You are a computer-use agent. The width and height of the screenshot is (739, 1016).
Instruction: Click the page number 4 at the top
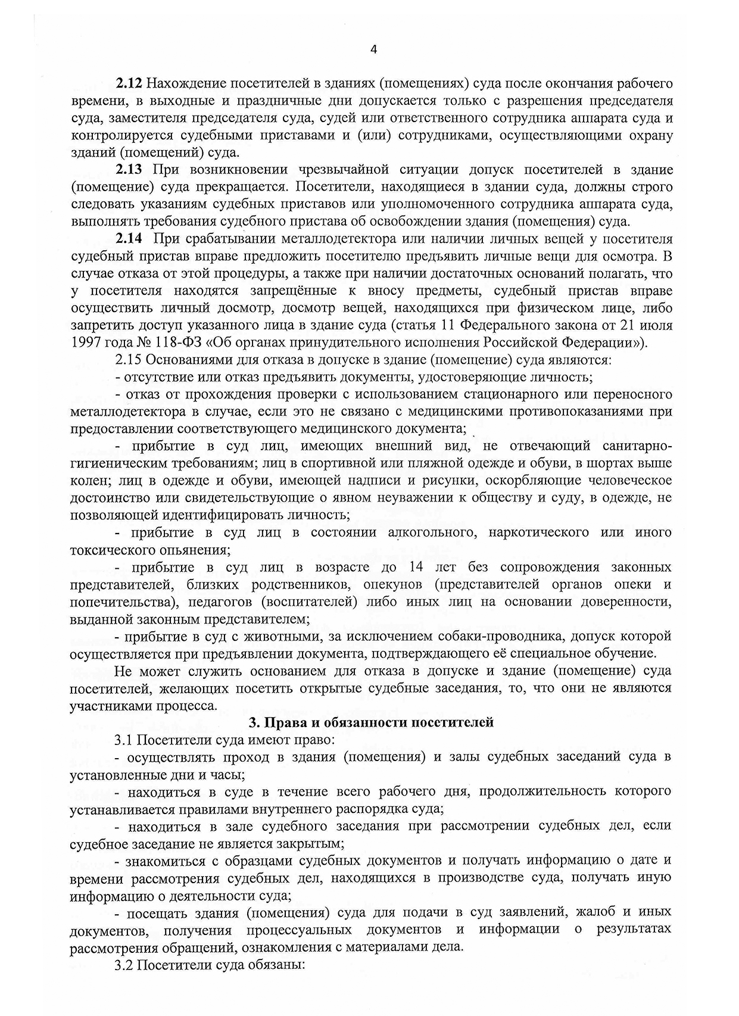[x=373, y=49]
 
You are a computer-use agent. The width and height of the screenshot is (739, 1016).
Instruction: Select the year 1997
[x=85, y=343]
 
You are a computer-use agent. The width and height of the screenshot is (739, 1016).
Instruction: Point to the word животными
[x=269, y=636]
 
